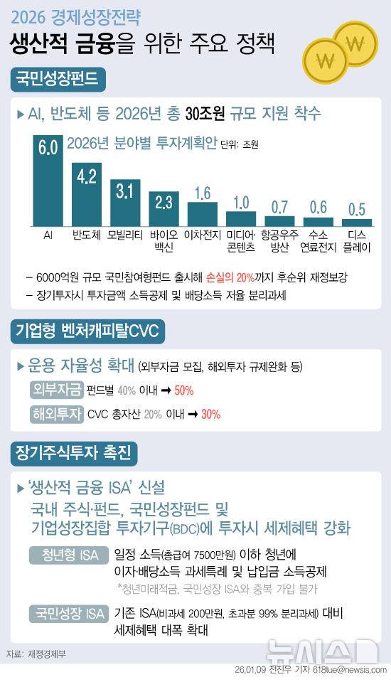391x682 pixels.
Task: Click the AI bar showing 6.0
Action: (x=48, y=181)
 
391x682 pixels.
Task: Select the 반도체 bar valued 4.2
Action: (x=86, y=193)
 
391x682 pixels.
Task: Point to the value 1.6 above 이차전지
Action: (x=202, y=192)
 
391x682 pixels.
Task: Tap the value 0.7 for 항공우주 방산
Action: (x=279, y=207)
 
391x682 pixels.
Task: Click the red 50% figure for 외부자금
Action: (x=183, y=390)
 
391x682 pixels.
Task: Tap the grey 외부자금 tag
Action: (x=56, y=390)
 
